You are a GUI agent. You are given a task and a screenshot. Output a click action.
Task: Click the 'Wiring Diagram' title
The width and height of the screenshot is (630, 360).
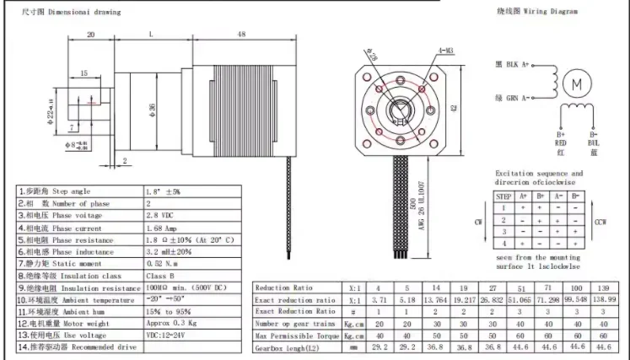point(549,12)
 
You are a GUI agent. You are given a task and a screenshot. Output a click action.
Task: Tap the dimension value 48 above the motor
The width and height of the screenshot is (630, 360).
point(241,34)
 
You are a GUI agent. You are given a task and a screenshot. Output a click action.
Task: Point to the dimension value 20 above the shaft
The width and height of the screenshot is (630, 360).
point(90,34)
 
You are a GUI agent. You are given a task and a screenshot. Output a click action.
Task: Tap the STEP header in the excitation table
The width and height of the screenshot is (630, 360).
point(504,195)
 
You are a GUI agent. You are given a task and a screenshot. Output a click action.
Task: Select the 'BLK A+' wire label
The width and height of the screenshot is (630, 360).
point(513,65)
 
